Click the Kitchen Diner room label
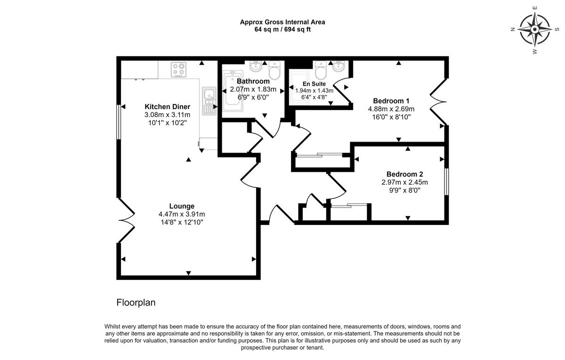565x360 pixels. pos(167,107)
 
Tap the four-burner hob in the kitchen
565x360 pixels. pos(178,70)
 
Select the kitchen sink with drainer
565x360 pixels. pos(209,101)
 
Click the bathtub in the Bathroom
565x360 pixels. pos(233,91)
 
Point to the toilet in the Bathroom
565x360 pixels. pos(274,70)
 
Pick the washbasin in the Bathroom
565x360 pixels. pos(256,66)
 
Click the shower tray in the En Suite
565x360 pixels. pos(299,88)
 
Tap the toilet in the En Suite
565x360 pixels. pos(321,70)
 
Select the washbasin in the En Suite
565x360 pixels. pos(338,66)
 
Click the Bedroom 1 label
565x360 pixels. pos(391,101)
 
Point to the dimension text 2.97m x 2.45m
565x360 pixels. pos(404,182)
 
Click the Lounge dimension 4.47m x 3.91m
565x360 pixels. pos(182,214)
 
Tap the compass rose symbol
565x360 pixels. pos(534,30)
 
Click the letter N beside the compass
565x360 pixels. pos(513,30)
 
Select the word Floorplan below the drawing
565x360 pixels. pos(136,303)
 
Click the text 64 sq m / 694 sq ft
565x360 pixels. pos(282,30)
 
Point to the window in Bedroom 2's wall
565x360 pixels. pos(446,182)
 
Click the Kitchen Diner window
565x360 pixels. pos(119,125)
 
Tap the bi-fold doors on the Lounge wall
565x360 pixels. pos(126,220)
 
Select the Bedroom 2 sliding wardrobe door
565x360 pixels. pos(349,206)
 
